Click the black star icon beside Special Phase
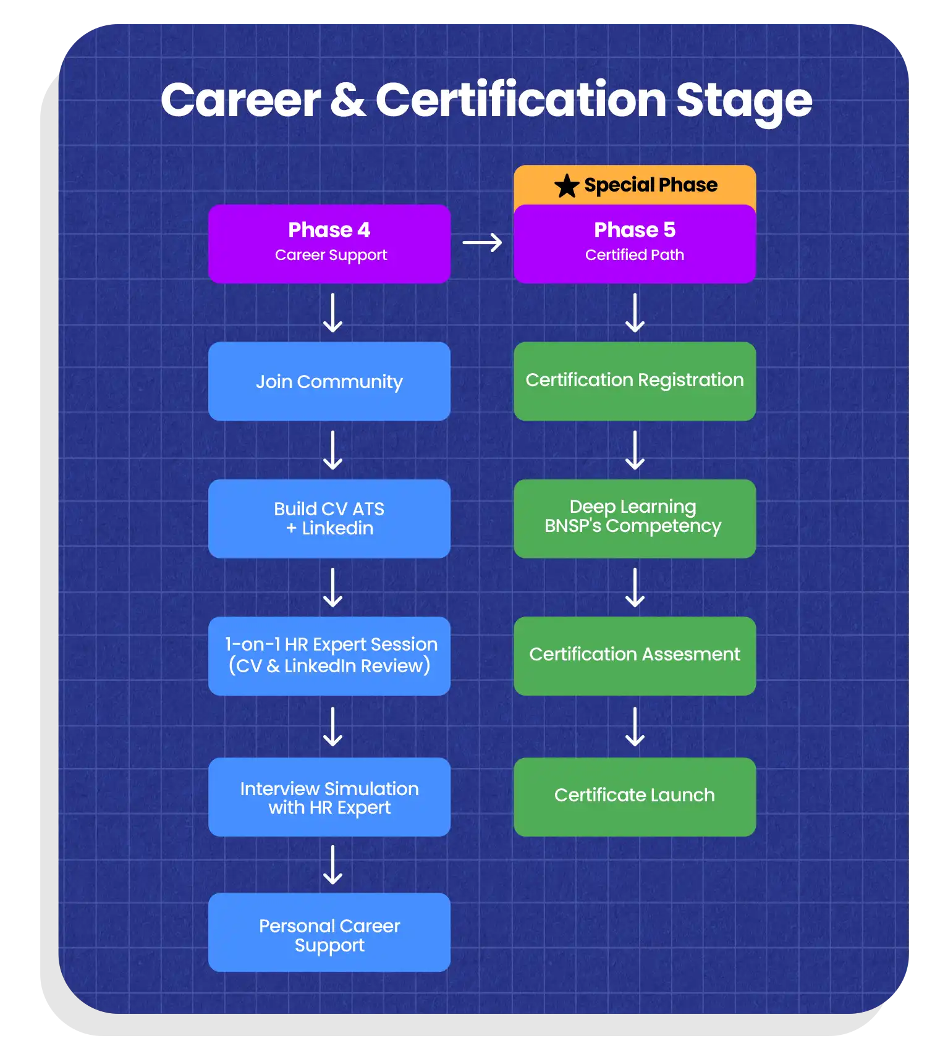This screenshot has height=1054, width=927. [566, 185]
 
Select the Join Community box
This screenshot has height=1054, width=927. [329, 381]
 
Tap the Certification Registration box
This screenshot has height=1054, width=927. [634, 381]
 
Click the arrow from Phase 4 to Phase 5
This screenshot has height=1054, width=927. [482, 243]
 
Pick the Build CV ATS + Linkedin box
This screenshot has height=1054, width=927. [329, 518]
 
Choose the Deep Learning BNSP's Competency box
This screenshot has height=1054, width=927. [634, 518]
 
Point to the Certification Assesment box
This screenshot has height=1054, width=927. [634, 656]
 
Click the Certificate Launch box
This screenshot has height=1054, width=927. [634, 796]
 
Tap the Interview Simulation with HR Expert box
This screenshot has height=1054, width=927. [329, 796]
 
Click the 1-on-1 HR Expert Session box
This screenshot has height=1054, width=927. [329, 656]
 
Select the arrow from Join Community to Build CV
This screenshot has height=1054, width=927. [333, 450]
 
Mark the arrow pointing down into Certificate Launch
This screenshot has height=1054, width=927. [635, 727]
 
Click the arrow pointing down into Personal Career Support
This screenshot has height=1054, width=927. [333, 864]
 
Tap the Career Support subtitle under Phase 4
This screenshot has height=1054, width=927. [331, 255]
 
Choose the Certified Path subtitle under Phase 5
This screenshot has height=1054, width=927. [634, 255]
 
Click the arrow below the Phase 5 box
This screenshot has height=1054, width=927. [635, 313]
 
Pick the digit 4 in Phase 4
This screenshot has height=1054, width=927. [363, 230]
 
